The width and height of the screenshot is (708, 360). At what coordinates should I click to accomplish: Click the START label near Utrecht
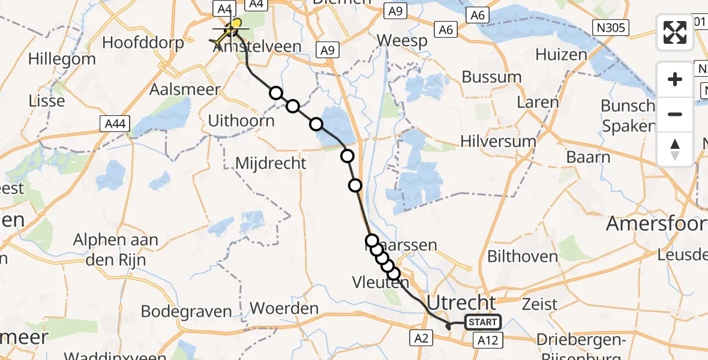tap(483, 322)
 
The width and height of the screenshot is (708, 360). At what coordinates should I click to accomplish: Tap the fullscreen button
tap(675, 32)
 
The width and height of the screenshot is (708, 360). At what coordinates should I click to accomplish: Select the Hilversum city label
tap(498, 141)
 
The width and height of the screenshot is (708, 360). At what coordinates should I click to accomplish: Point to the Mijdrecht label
tap(271, 163)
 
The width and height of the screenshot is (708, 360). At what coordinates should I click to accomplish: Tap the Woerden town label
tap(284, 308)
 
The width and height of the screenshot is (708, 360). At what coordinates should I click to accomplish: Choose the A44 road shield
tap(114, 123)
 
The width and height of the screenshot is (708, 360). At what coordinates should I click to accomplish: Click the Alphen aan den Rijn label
tap(116, 248)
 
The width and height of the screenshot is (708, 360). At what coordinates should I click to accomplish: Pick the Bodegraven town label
tap(186, 311)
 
